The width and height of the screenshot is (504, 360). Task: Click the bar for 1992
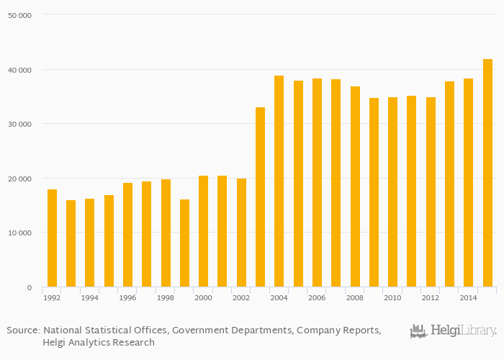[52, 238]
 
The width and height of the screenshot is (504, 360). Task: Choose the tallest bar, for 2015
[487, 173]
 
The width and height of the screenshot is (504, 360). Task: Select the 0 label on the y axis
[29, 288]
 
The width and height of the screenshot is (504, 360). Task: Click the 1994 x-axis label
[89, 297]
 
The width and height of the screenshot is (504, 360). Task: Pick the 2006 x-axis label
[317, 297]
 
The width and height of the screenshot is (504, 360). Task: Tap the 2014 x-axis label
[468, 297]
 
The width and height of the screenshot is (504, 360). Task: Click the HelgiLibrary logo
[453, 331]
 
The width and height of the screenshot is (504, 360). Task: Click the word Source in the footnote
[22, 330]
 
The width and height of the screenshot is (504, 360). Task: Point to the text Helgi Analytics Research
[99, 343]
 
